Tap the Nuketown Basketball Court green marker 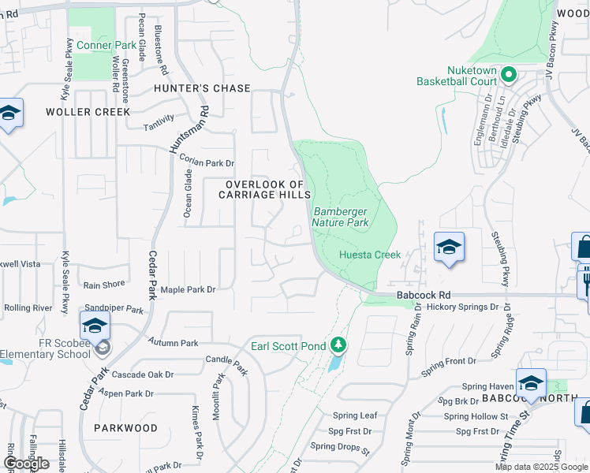(x=509, y=76)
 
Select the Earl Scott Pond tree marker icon (x=338, y=345)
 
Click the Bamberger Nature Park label (x=341, y=217)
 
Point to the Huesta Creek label (x=370, y=255)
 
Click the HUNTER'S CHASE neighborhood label (x=202, y=89)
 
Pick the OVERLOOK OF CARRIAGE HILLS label (x=264, y=189)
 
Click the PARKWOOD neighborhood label (x=126, y=428)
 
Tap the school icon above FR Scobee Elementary (x=95, y=325)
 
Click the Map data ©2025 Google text (x=540, y=467)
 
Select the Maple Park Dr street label (x=188, y=290)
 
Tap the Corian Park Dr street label (x=207, y=162)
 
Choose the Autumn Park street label (x=173, y=343)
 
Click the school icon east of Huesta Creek (x=449, y=248)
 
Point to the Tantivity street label (x=159, y=127)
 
